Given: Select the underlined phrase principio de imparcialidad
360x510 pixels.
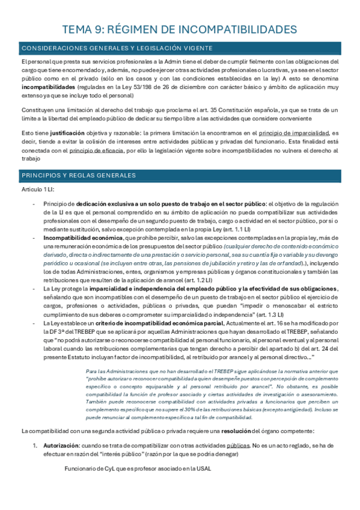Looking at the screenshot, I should coord(294,132).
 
